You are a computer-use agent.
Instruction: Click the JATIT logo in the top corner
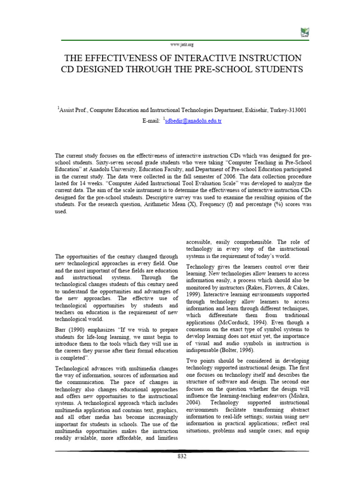point(305,32)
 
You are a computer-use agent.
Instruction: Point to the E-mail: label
point(151,121)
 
